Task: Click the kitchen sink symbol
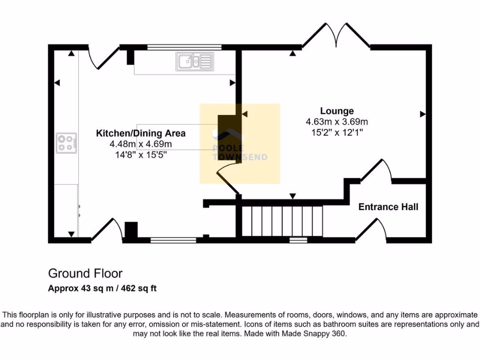(195, 61)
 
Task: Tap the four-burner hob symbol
(66, 143)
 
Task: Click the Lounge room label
(337, 111)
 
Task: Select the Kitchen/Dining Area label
(141, 133)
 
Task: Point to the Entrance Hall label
(388, 207)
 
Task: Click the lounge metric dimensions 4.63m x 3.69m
(337, 122)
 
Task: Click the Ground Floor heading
(85, 273)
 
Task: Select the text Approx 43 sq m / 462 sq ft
(102, 288)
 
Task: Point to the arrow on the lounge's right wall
(423, 113)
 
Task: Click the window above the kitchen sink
(184, 47)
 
